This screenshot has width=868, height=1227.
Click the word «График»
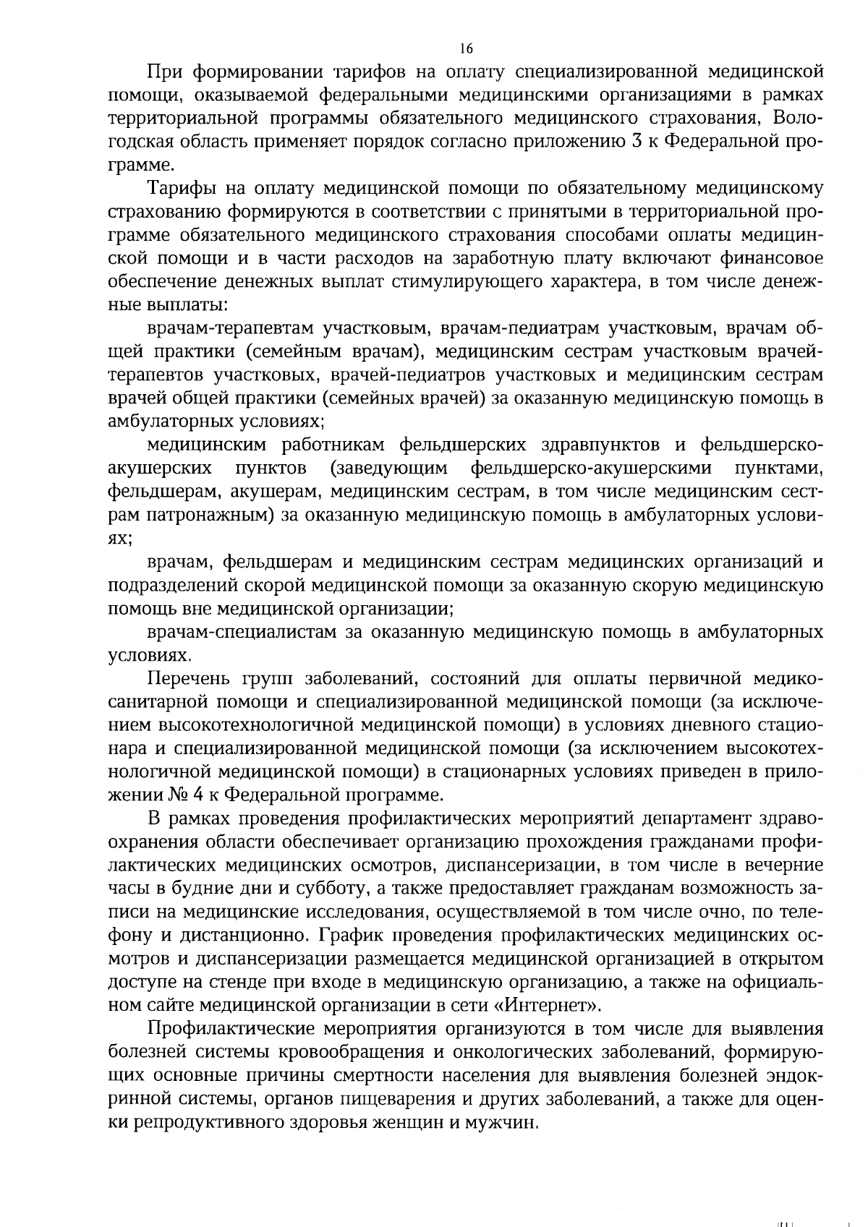coord(352,935)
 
